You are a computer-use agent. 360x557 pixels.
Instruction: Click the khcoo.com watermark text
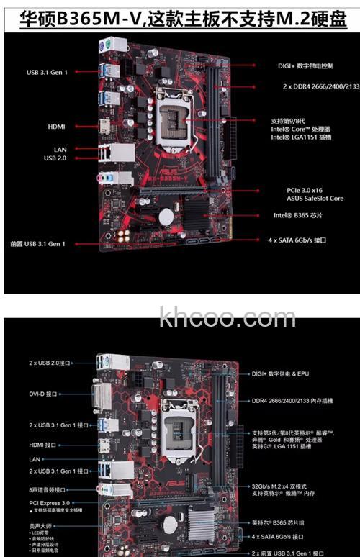point(217,317)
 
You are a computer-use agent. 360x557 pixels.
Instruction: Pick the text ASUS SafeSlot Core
point(315,198)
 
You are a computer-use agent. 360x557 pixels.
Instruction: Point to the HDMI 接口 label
point(42,445)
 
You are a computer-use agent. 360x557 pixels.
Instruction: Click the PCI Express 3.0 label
point(49,502)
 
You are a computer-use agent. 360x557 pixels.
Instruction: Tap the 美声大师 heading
point(40,526)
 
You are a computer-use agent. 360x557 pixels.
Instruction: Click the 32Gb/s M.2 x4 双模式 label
point(288,485)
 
